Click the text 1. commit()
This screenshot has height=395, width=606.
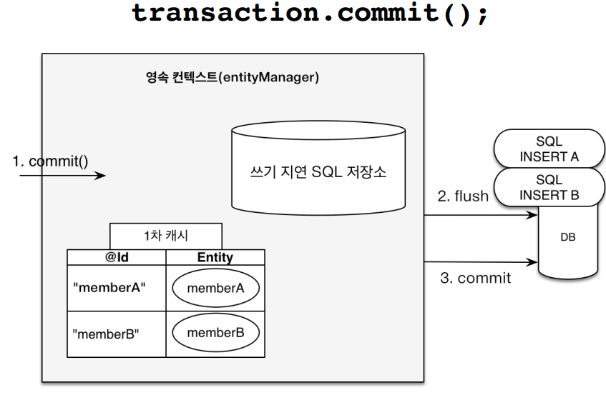(x=50, y=161)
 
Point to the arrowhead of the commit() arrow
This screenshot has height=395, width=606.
(x=102, y=175)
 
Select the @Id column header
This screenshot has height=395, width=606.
(x=116, y=257)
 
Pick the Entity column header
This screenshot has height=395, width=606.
(x=215, y=257)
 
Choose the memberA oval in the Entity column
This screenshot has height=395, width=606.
(x=215, y=289)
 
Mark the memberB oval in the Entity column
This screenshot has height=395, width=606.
(x=215, y=332)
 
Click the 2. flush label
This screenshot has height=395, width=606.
(x=462, y=196)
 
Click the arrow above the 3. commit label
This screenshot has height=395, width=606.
(x=479, y=262)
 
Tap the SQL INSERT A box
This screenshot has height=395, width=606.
(x=549, y=149)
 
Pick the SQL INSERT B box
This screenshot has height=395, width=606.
(x=549, y=188)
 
